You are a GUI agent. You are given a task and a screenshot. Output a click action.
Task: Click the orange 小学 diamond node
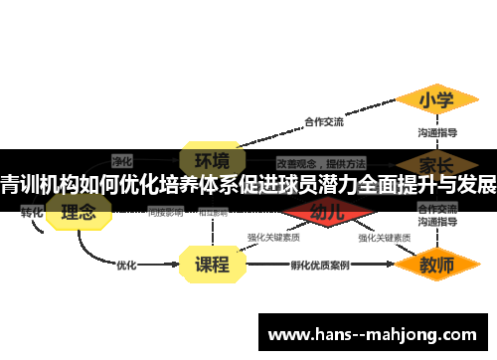pos(435,100)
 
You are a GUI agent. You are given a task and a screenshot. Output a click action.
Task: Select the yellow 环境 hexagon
pos(211,160)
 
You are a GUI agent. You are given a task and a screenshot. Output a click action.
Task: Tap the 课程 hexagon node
pos(211,265)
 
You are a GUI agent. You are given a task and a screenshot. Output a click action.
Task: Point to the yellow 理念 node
pos(79,213)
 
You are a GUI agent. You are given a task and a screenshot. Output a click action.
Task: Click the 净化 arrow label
pos(122,159)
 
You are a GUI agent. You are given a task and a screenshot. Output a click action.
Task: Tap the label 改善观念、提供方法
pos(320,162)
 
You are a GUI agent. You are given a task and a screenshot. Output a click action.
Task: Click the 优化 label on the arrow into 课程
pos(127,266)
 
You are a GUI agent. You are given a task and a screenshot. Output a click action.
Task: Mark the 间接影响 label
pos(165,212)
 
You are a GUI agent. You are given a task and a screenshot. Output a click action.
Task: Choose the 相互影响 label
pos(216,212)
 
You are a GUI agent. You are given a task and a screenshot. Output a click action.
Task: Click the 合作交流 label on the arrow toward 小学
pos(324,122)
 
